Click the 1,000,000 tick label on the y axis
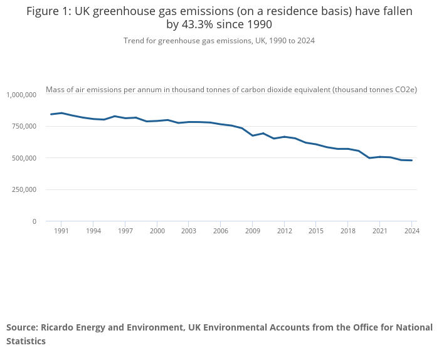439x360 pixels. tap(21, 95)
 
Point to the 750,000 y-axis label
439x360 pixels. tap(24, 126)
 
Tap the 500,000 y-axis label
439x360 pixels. tap(24, 158)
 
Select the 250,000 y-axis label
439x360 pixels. tap(24, 189)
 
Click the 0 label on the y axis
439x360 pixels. tap(34, 221)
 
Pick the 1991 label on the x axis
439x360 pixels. tap(61, 231)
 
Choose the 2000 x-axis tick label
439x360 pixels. tap(157, 231)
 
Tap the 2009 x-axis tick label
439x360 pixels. tap(253, 231)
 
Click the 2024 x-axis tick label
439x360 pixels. tap(412, 231)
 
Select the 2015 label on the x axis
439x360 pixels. tap(316, 231)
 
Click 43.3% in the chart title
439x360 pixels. tap(198, 24)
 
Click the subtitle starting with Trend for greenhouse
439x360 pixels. tap(219, 41)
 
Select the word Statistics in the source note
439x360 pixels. tap(26, 341)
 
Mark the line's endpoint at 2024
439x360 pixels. tap(411, 161)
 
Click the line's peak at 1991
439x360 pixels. tap(61, 113)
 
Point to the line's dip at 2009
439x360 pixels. tap(253, 135)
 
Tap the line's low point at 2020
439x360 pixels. tap(369, 158)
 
